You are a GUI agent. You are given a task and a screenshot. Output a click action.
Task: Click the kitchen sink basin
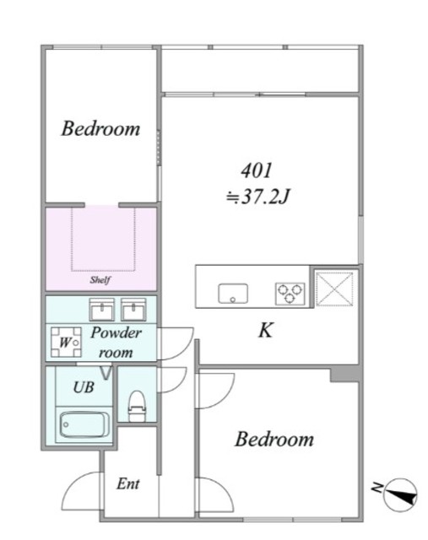click(x=233, y=293)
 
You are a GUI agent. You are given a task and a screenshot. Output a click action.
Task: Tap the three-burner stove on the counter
click(x=290, y=294)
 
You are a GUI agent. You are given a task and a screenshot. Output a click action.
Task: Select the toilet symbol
click(x=137, y=406)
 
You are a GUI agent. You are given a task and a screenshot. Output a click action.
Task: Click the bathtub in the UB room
click(x=84, y=424)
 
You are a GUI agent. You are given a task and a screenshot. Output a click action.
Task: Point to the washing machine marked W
click(x=66, y=342)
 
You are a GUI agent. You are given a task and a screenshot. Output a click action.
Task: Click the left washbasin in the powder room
click(x=101, y=310)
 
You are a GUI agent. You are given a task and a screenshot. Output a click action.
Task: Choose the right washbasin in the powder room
click(x=133, y=310)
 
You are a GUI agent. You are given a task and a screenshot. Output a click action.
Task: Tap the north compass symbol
click(x=399, y=494)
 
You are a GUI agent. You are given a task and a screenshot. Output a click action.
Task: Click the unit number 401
click(x=257, y=170)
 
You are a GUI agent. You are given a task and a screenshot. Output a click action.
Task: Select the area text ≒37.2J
click(x=257, y=197)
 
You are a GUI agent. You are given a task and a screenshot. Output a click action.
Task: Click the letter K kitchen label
click(x=266, y=330)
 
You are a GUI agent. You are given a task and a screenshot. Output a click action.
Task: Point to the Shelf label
click(x=100, y=279)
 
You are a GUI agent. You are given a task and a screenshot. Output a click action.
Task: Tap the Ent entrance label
click(x=127, y=483)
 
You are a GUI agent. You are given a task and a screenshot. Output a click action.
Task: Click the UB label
click(x=84, y=387)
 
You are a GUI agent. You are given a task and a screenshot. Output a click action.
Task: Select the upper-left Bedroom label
click(x=100, y=129)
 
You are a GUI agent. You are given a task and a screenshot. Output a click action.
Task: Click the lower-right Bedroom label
click(x=274, y=440)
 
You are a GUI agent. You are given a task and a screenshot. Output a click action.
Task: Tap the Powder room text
click(x=116, y=343)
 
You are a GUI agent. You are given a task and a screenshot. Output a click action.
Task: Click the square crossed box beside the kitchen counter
click(x=334, y=289)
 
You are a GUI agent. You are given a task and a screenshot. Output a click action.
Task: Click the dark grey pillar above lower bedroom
click(x=344, y=375)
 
